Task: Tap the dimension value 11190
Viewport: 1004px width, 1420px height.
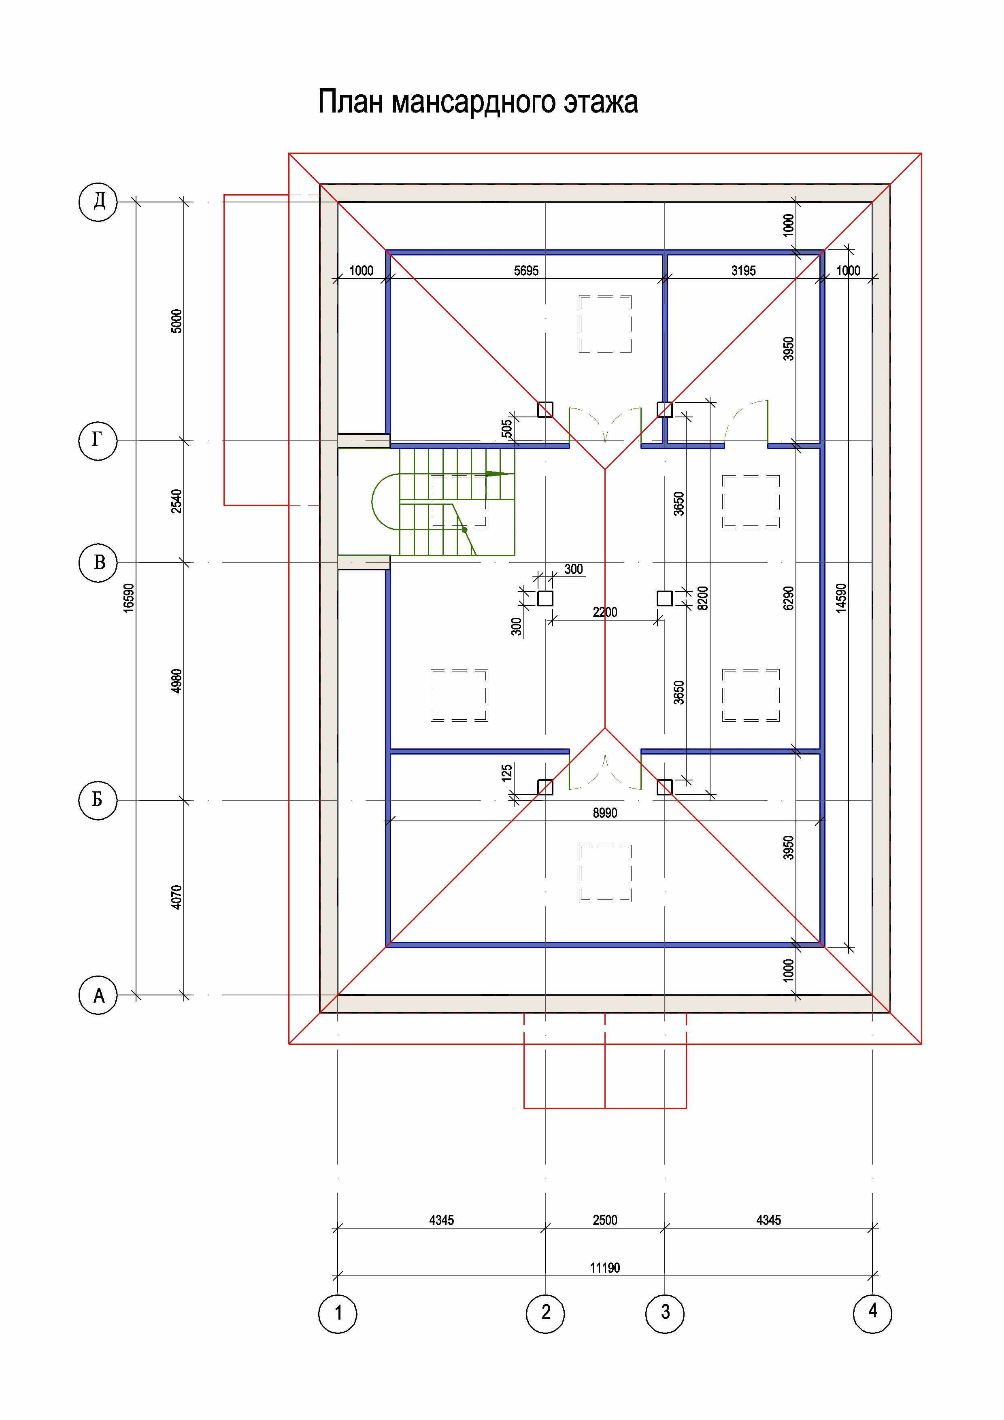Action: pyautogui.click(x=604, y=1267)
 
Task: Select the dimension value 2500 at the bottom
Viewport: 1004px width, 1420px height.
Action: pyautogui.click(x=604, y=1220)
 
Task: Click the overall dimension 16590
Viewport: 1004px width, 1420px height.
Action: pyautogui.click(x=129, y=598)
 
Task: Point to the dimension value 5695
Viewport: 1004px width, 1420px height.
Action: pyautogui.click(x=526, y=270)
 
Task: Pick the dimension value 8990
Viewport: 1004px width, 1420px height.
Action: pyautogui.click(x=604, y=813)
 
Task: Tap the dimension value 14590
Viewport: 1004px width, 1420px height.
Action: pyautogui.click(x=841, y=598)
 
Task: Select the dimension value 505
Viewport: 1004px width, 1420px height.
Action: pyautogui.click(x=506, y=428)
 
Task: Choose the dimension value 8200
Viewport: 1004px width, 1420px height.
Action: pyautogui.click(x=703, y=598)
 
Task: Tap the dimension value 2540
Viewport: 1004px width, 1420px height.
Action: pyautogui.click(x=177, y=501)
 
